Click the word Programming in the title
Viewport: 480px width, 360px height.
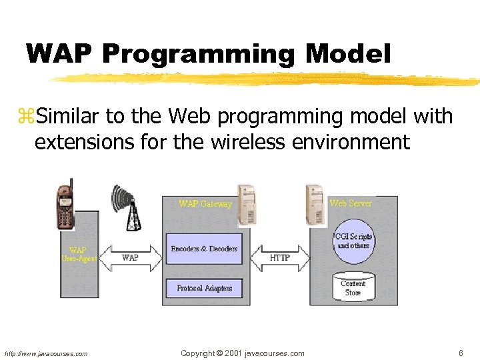pos(197,55)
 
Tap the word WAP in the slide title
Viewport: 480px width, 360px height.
pos(59,53)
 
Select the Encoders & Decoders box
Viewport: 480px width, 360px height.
pos(204,249)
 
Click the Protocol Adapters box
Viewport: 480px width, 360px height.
pos(204,288)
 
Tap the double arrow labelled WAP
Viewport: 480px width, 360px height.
pos(131,257)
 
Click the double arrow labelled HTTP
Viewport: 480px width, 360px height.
pos(280,257)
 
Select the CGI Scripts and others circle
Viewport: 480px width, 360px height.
pos(353,241)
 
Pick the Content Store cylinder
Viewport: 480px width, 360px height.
pos(353,287)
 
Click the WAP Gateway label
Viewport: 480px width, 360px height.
pos(205,204)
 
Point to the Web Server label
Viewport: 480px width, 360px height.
pos(351,203)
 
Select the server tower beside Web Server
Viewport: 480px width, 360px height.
pos(314,203)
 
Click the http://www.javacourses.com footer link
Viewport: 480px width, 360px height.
pos(46,354)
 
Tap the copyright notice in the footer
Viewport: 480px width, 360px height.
pos(243,353)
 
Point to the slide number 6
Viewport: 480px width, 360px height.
pos(461,353)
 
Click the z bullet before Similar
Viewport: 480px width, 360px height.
pos(28,118)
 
